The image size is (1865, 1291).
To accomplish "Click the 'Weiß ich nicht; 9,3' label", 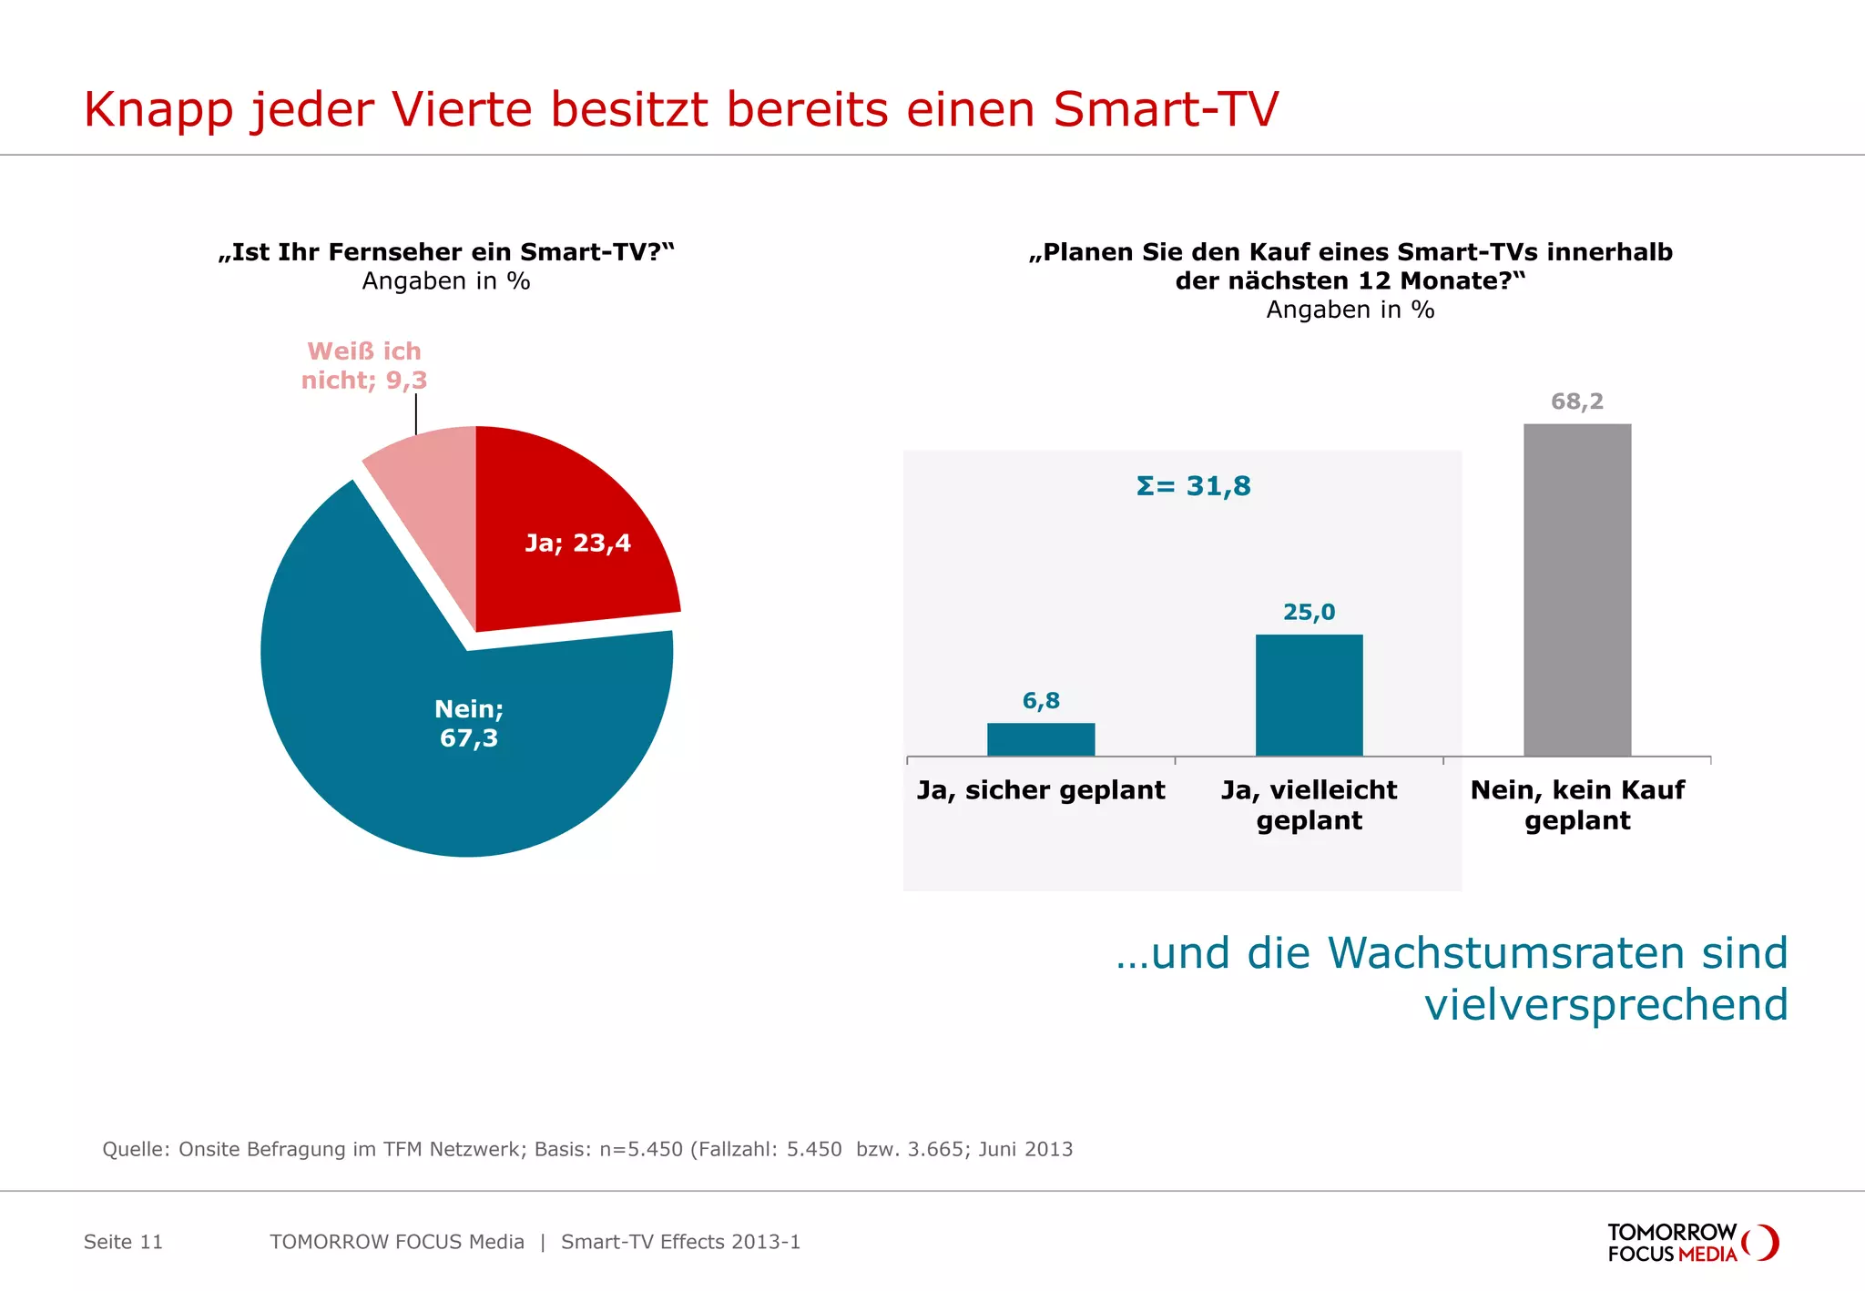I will click(364, 366).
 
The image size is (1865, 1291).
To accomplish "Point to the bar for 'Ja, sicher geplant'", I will click(1041, 739).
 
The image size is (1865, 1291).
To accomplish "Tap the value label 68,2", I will click(1577, 402).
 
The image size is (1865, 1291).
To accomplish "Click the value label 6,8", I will click(1041, 700).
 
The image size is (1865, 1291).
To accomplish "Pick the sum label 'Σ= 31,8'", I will click(1194, 486).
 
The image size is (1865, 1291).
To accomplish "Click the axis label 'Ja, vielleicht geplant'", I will click(1309, 805).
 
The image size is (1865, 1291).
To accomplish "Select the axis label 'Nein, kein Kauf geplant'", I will click(1577, 805).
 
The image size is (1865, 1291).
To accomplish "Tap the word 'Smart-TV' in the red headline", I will click(1166, 110).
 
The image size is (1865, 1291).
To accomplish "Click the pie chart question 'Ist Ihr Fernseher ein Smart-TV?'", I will click(446, 252).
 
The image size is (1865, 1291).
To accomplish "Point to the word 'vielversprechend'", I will click(1606, 1005).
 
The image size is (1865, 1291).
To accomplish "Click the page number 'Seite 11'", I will click(123, 1242).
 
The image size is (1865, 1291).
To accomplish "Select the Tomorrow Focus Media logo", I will click(1692, 1243).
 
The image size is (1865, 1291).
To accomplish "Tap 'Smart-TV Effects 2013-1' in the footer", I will click(680, 1242).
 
